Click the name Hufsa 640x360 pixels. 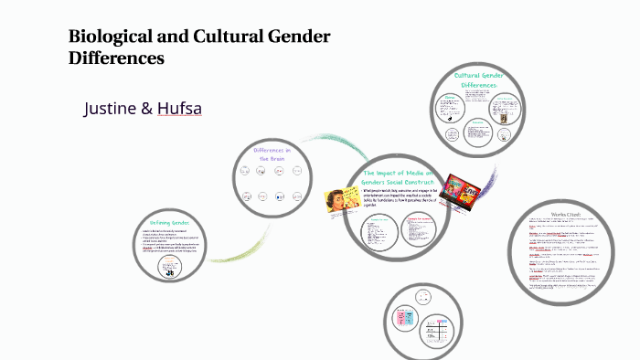[177, 109]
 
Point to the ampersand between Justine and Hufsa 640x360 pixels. [146, 109]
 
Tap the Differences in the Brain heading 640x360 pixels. [272, 154]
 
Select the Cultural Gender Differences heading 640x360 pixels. [480, 79]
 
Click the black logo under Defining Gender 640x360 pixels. [170, 270]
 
